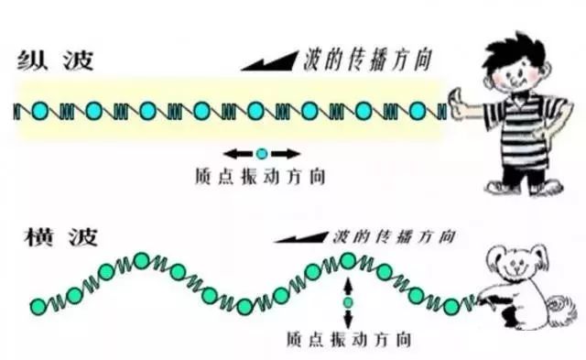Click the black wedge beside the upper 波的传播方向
pos(269,61)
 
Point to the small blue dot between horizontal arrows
pos(261,153)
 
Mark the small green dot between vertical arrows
pos(348,301)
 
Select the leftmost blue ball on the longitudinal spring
pos(39,112)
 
